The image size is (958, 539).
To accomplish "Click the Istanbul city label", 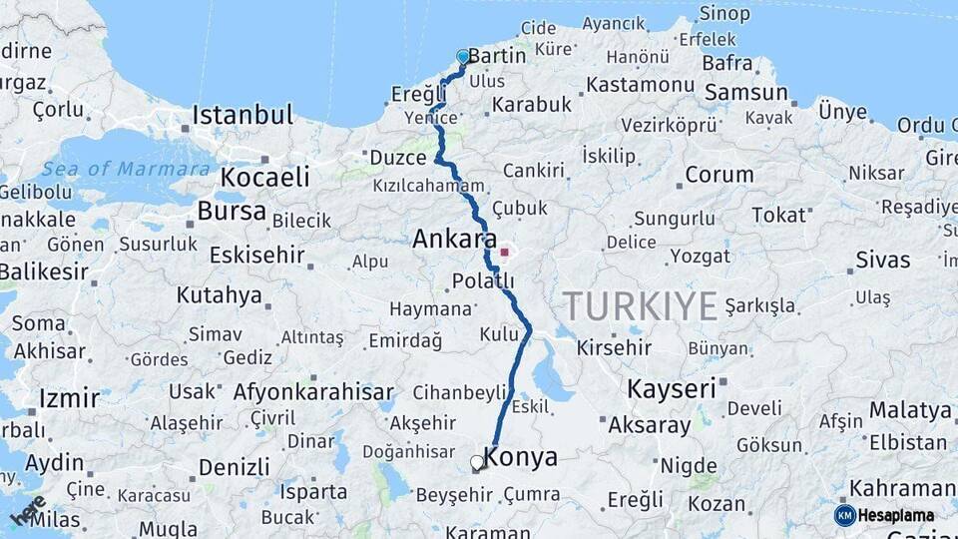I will tap(242, 114).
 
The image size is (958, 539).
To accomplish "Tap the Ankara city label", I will tap(454, 240).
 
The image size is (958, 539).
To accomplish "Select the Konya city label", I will tap(521, 458).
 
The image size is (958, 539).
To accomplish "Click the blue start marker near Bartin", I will tap(463, 57).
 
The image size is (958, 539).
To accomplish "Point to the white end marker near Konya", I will tap(477, 463).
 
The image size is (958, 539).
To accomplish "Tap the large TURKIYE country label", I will tap(640, 306).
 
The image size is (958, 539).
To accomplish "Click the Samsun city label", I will tap(745, 93).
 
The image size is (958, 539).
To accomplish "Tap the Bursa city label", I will tap(232, 211).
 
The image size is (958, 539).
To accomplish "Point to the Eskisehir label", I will tap(256, 255).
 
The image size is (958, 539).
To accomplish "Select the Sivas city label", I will tap(882, 261).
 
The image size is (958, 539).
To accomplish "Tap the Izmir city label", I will tap(69, 398).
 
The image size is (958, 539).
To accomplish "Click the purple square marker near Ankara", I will tap(504, 253).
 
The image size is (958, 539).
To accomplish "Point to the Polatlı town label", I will tap(483, 280).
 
